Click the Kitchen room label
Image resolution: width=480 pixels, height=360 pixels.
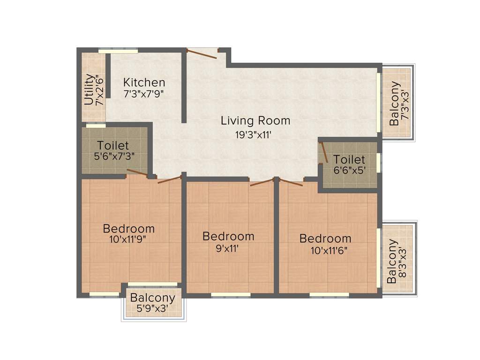point(144,82)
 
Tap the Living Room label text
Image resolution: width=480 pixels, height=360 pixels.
point(255,120)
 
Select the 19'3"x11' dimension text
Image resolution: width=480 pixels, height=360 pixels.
point(254,135)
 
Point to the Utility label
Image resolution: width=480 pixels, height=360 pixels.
point(89,89)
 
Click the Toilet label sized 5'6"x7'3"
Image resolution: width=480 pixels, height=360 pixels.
point(113,145)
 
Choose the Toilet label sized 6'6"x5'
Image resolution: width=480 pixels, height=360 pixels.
point(349,159)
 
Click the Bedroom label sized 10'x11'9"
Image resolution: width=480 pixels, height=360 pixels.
point(128,229)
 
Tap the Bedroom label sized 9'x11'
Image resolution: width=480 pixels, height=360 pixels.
point(228,236)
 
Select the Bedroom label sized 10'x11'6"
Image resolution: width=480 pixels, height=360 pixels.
point(325,238)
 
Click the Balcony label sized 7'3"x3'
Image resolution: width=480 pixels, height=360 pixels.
point(395,104)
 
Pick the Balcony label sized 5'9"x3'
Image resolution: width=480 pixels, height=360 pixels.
point(152,298)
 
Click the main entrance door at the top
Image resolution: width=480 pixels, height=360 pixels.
point(202,53)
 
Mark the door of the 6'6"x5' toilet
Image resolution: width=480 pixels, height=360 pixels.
point(323,152)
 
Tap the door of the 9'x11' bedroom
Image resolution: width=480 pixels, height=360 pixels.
point(262,182)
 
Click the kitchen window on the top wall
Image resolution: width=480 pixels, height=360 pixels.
point(118,50)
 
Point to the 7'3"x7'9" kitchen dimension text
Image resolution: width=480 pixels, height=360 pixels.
point(144,93)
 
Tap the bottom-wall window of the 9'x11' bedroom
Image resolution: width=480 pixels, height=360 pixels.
point(230,294)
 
